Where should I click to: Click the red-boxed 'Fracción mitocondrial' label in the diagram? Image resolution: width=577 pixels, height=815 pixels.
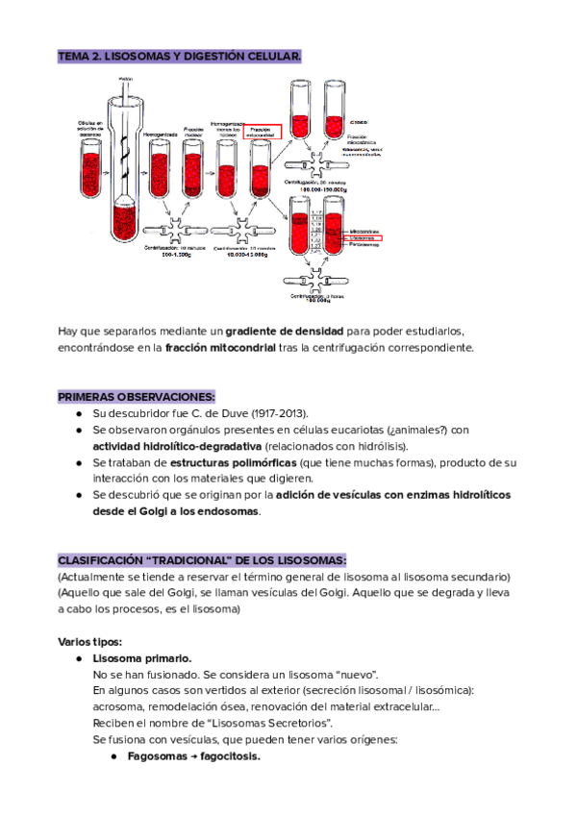[x=263, y=132]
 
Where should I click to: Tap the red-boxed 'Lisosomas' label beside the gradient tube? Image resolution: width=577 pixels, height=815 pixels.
[x=364, y=236]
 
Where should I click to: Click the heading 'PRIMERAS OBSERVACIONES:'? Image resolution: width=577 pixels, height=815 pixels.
[x=137, y=396]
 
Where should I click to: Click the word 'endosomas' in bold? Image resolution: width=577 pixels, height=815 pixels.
[x=228, y=511]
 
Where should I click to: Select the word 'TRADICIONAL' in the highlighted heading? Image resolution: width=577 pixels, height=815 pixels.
[x=192, y=560]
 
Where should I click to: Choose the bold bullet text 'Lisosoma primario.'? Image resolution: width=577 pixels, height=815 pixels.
[x=142, y=658]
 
